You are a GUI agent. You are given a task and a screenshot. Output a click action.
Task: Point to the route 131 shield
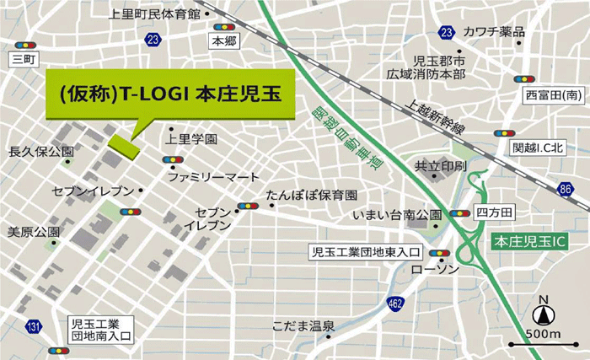pos(32,327)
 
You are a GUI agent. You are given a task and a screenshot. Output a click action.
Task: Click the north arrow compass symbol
pos(544,316)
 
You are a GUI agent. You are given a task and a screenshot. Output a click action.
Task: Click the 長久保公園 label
pos(40,152)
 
